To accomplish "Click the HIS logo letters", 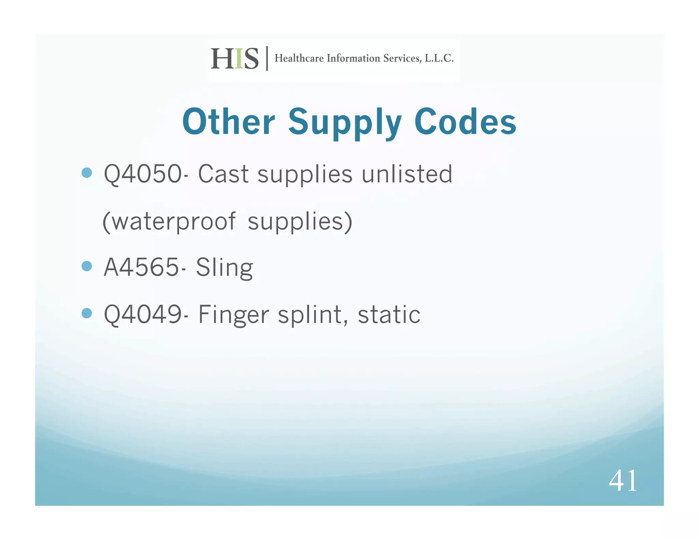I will click(235, 59).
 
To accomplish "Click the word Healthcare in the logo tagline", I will click(299, 58).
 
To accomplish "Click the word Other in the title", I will click(229, 122).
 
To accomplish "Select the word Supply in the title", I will click(345, 123).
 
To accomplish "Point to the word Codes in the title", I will click(465, 122).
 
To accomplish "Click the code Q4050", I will click(143, 174).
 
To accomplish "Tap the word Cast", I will click(223, 174).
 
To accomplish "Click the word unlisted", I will click(407, 174).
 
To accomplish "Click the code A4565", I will click(141, 267).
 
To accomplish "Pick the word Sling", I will click(224, 268).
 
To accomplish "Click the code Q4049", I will click(143, 314).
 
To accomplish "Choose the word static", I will click(389, 314).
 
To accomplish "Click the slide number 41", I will click(623, 481).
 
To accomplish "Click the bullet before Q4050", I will click(87, 173).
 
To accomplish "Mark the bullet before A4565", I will click(87, 266).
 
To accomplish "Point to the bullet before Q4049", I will click(87, 313).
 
